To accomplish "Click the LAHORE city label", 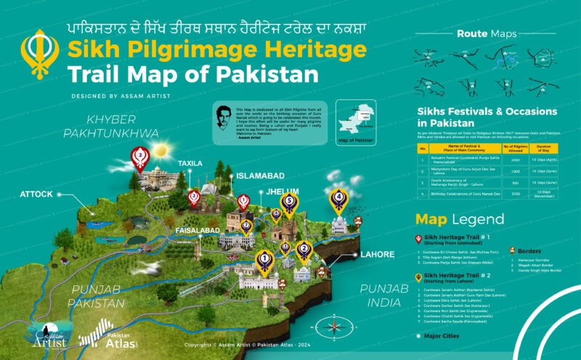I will coord(378,255).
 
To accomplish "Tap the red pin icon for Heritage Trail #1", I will coord(418,239).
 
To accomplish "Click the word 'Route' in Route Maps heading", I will coord(472,33).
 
